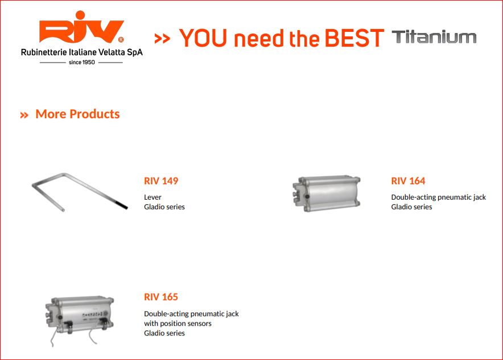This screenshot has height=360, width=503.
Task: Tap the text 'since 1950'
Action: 82,62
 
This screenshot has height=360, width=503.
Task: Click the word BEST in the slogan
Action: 354,38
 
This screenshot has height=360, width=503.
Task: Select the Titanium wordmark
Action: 434,37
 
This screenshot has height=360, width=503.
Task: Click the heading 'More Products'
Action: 77,114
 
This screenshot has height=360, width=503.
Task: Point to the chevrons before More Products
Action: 24,115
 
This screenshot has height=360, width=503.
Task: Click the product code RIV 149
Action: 161,181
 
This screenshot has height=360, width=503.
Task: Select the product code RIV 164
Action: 408,181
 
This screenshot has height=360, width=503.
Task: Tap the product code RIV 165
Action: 160,297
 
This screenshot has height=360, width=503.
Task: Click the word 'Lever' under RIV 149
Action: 152,197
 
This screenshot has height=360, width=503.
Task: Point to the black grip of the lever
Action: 121,205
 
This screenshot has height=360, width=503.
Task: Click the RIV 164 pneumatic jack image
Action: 327,193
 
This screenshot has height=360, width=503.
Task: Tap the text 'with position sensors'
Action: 178,324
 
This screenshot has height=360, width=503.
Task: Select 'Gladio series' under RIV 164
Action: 411,207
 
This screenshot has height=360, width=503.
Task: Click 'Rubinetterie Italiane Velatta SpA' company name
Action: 82,52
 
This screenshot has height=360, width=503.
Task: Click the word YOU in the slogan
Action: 203,38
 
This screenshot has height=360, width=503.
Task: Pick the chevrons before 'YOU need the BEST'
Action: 162,39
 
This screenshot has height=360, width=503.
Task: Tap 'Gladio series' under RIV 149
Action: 164,207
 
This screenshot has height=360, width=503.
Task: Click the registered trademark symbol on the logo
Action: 121,40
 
